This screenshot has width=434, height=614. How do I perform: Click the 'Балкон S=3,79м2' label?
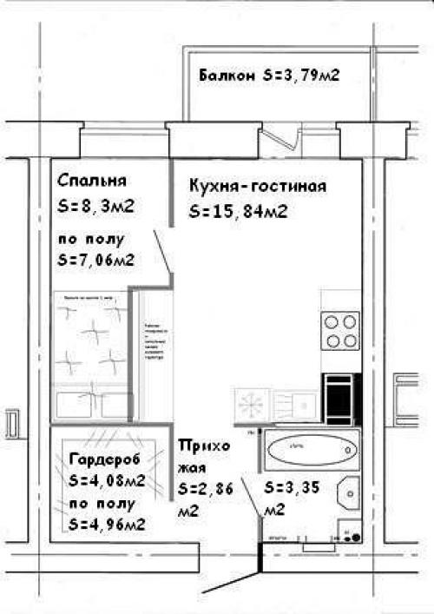[268, 76]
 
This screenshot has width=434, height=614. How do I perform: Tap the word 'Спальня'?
[92, 181]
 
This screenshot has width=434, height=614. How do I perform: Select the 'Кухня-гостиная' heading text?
[257, 187]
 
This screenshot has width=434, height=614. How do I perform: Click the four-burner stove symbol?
[340, 330]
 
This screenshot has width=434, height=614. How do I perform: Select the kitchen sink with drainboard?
[294, 405]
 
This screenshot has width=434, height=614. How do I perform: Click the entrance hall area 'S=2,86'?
[205, 490]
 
